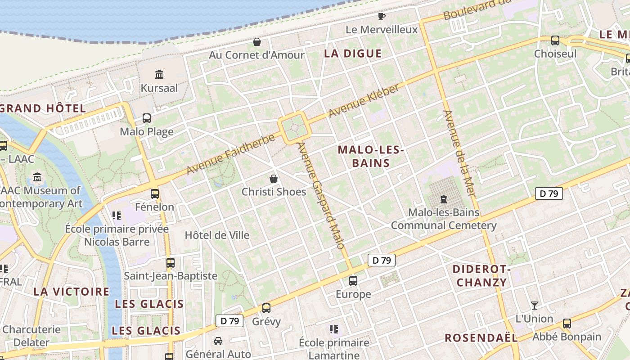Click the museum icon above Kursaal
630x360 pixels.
(x=159, y=74)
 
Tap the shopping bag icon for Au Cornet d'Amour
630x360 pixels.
(x=257, y=42)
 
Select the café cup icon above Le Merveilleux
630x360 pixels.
(x=382, y=17)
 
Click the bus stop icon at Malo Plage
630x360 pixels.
(x=147, y=118)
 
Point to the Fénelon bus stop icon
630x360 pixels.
(x=155, y=193)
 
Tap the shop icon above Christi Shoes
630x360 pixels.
(x=274, y=179)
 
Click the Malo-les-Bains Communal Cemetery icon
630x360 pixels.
(x=444, y=199)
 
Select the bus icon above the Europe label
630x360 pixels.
(x=353, y=281)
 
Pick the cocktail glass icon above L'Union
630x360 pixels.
(x=534, y=306)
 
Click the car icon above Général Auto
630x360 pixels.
(x=218, y=341)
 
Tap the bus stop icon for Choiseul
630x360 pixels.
(x=555, y=40)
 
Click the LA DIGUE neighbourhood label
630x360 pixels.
(x=353, y=54)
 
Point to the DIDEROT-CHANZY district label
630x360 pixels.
(x=481, y=276)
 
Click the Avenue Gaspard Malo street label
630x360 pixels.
(x=321, y=196)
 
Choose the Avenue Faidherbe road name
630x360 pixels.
(x=230, y=155)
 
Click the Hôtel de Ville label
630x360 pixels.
(x=217, y=235)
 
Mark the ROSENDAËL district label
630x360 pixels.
(x=481, y=338)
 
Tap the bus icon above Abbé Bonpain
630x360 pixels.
(x=567, y=323)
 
